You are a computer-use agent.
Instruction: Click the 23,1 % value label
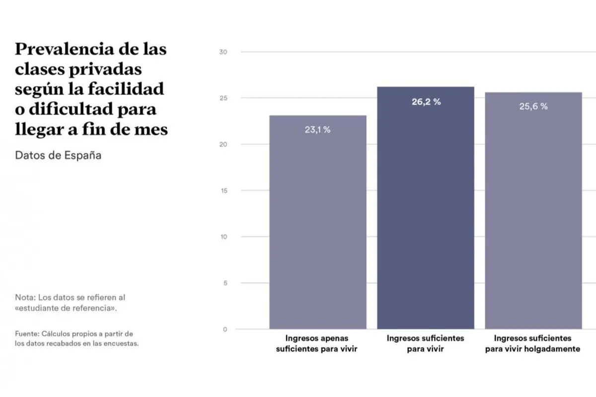click(317, 130)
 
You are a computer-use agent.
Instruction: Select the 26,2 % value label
click(426, 102)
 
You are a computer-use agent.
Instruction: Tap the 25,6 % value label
click(533, 106)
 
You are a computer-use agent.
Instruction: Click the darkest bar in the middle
click(426, 213)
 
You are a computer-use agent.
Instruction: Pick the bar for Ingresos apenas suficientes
click(317, 223)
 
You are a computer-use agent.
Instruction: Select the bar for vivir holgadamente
click(533, 218)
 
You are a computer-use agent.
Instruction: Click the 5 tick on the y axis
click(224, 283)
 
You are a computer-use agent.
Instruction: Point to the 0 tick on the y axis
click(224, 330)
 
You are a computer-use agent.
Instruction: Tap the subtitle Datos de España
click(58, 155)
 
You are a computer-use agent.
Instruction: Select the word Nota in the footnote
click(24, 298)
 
